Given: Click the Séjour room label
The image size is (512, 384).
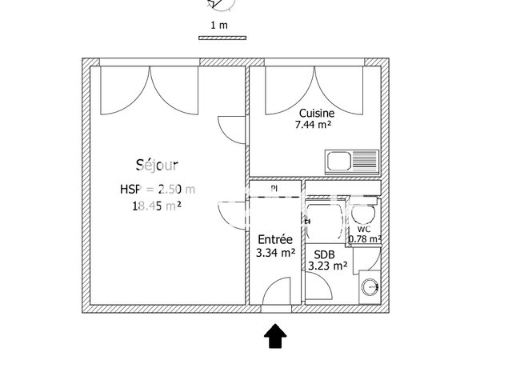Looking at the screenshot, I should (x=157, y=165).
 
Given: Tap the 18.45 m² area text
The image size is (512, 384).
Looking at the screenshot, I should (x=157, y=206).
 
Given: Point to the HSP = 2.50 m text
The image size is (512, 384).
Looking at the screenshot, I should (x=157, y=189).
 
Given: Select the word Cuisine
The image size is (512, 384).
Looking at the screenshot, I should (x=317, y=114).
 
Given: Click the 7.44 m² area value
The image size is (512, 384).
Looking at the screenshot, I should (x=314, y=125).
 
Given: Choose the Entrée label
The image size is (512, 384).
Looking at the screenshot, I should (x=274, y=239).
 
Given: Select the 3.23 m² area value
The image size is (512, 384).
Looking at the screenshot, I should (x=327, y=266).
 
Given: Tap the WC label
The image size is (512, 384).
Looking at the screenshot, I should (x=364, y=228).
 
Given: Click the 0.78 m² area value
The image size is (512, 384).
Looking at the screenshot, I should (x=364, y=238).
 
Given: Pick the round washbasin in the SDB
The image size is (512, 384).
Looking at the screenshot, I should (x=370, y=286).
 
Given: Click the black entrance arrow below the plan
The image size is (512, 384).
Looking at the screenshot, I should (x=275, y=336).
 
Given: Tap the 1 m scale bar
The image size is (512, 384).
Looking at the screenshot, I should (x=223, y=37).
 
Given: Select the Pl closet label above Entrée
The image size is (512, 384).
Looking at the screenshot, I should (x=274, y=188).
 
